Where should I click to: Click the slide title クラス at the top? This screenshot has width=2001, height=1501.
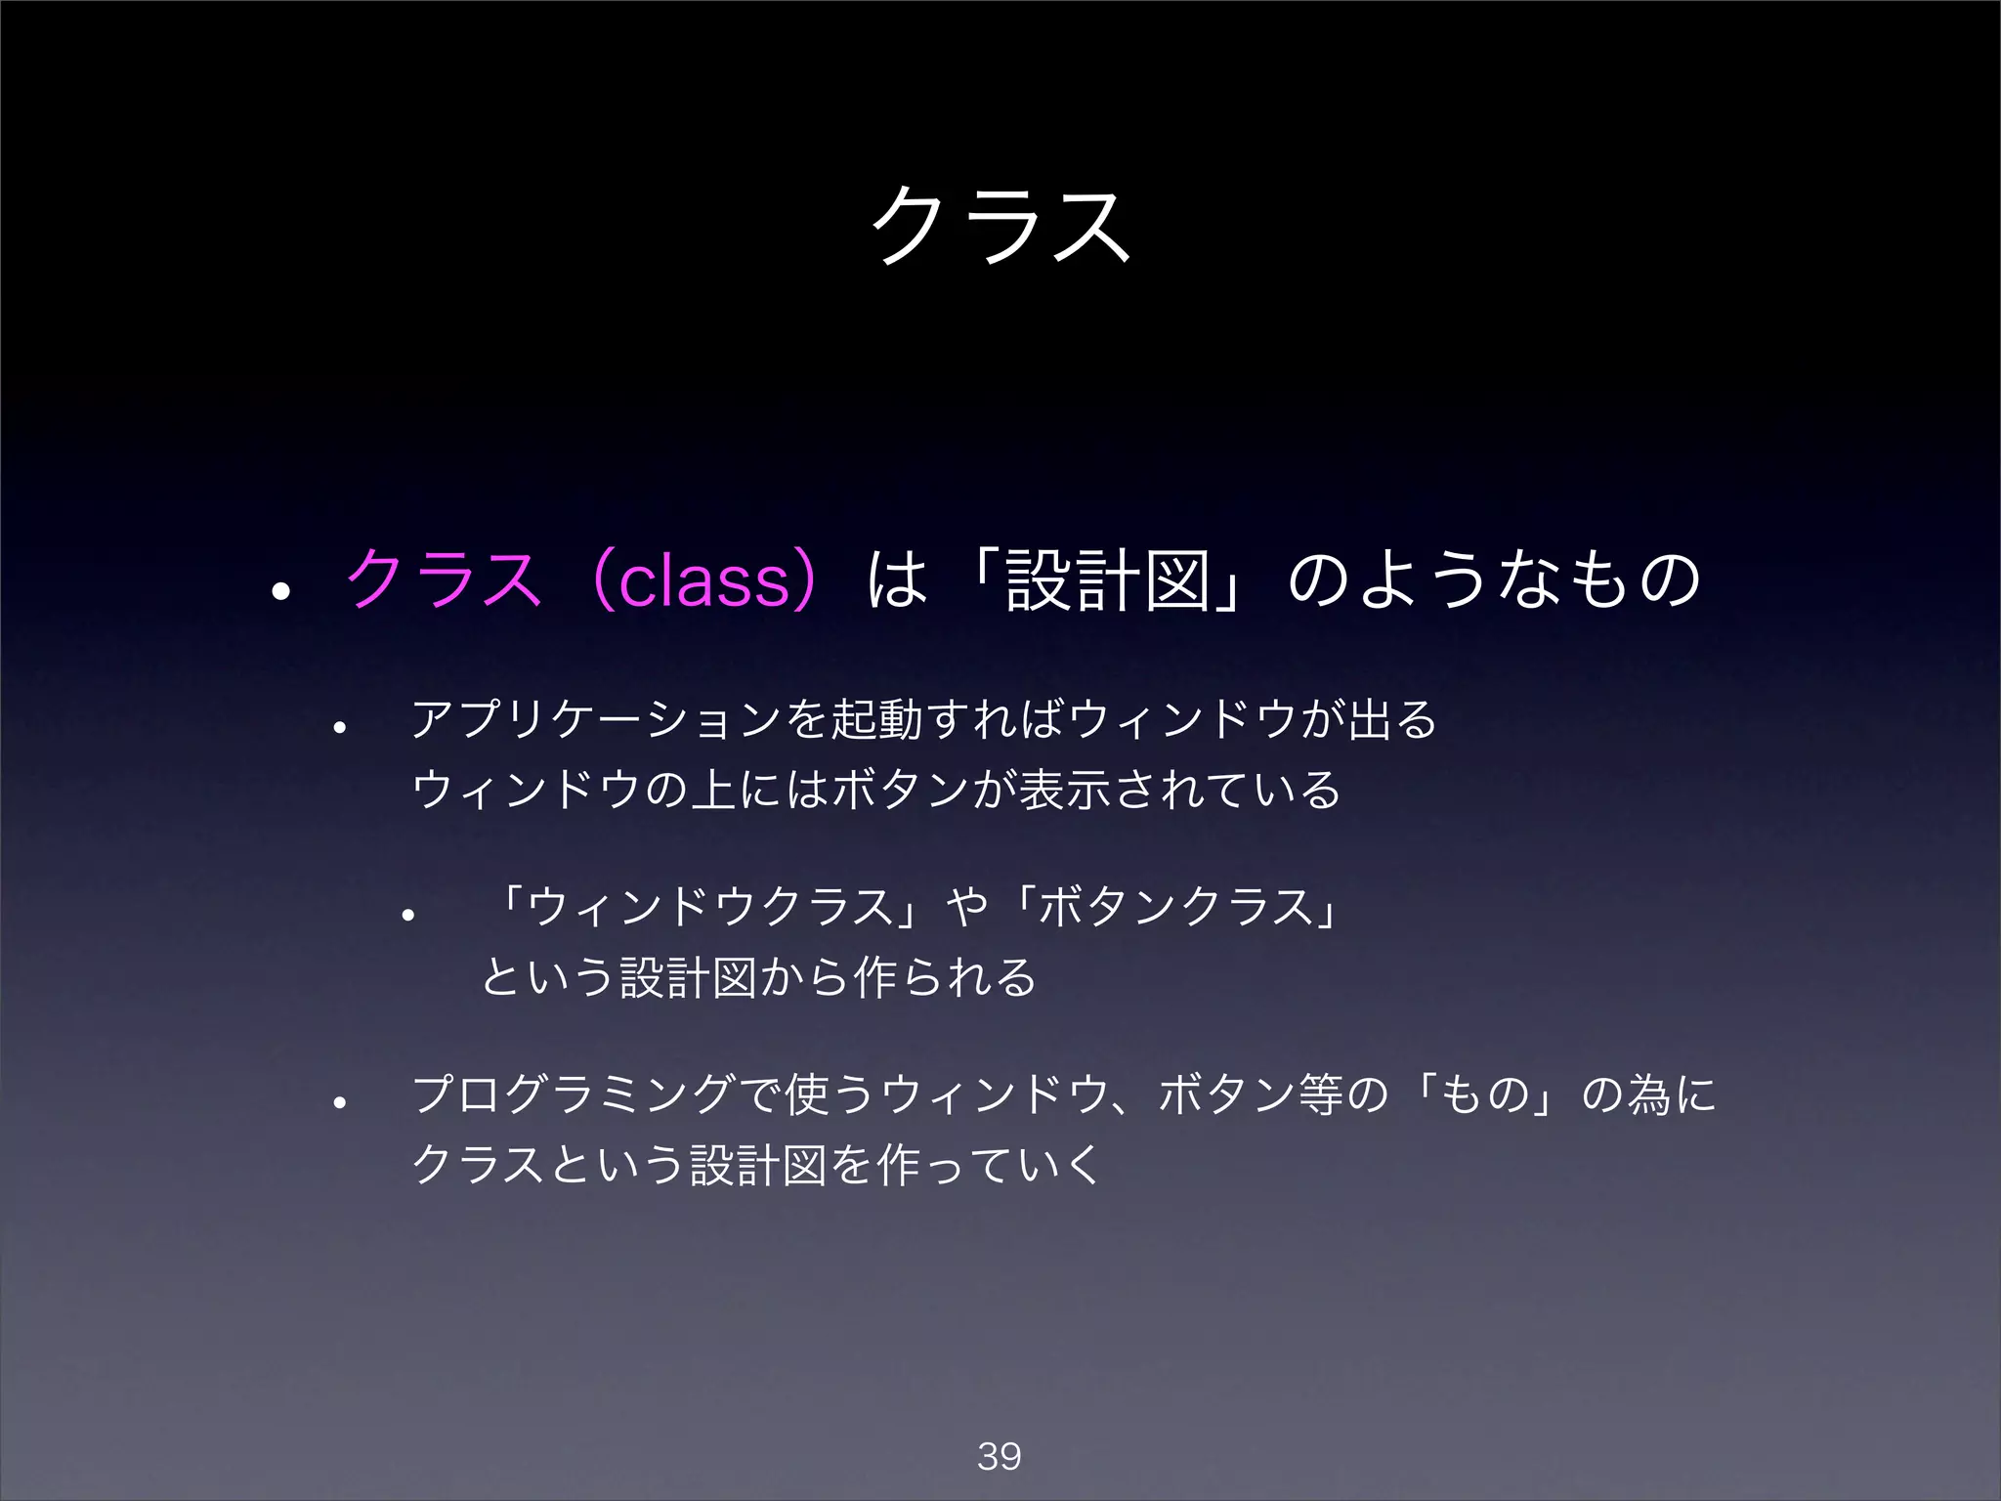click(1000, 225)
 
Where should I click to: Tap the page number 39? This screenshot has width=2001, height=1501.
click(999, 1456)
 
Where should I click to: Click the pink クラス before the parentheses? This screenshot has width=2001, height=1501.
click(443, 579)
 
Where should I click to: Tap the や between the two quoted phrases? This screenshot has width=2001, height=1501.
click(967, 907)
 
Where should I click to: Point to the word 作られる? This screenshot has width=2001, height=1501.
click(944, 977)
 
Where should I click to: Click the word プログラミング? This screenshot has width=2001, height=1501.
click(573, 1094)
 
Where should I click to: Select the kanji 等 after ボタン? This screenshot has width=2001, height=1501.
click(1321, 1094)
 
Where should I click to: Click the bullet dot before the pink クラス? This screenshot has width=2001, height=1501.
click(281, 590)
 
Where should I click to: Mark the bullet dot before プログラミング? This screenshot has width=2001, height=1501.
click(339, 1103)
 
